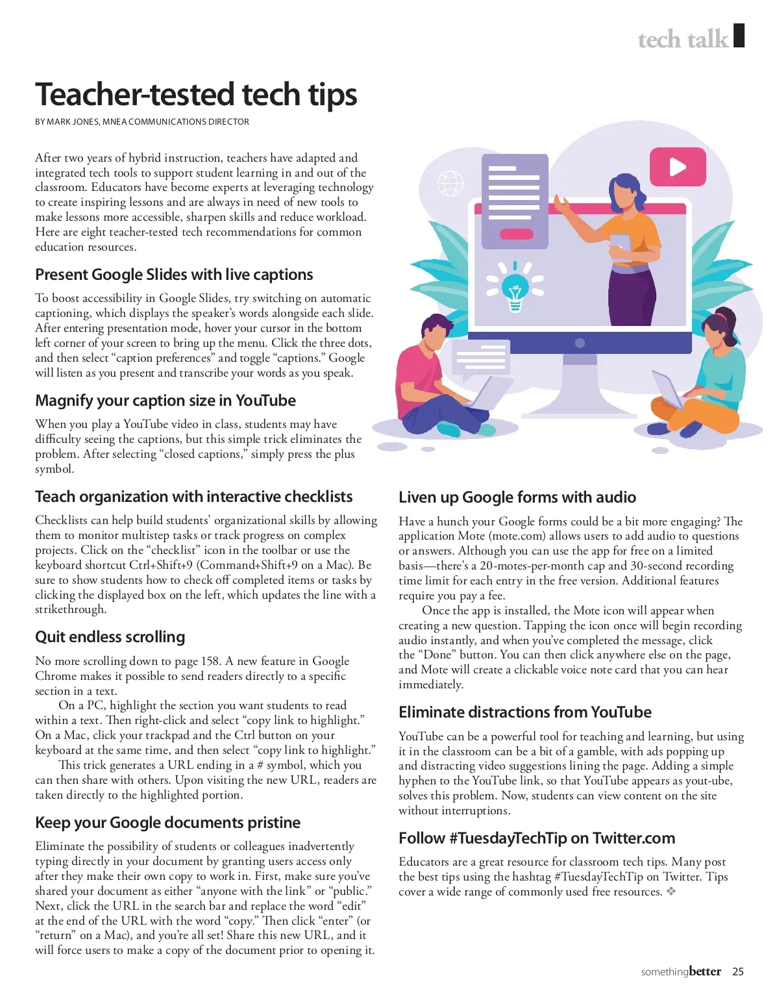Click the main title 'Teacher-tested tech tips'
click(196, 95)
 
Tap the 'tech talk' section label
click(683, 40)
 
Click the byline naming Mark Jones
click(142, 121)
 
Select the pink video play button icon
click(677, 167)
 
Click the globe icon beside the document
click(450, 183)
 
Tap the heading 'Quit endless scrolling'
click(110, 637)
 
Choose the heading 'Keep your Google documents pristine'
click(167, 823)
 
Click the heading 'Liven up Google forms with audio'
click(517, 497)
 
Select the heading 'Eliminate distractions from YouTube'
click(525, 712)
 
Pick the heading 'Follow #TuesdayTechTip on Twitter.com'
click(536, 838)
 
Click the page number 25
click(737, 972)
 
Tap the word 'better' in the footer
click(705, 971)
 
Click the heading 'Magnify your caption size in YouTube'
click(165, 401)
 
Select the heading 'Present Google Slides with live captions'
click(174, 275)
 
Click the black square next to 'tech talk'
click(739, 36)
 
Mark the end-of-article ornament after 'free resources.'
click(671, 892)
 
